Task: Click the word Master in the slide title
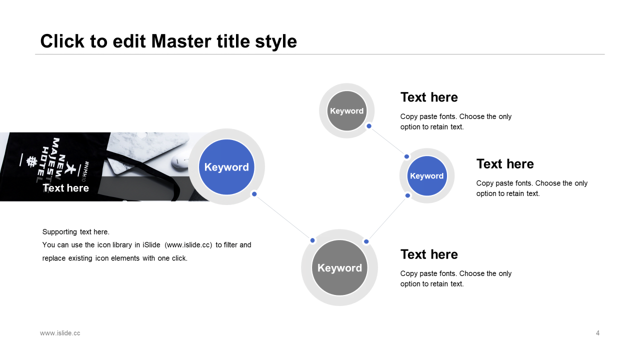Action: click(181, 41)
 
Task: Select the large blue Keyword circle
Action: click(226, 167)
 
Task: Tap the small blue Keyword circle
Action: click(427, 175)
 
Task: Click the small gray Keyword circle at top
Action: click(346, 111)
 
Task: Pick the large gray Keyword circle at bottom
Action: click(339, 267)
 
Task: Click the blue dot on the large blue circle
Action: click(254, 194)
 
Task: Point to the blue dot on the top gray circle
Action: click(369, 126)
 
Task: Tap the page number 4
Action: click(597, 333)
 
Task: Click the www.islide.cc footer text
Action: click(60, 333)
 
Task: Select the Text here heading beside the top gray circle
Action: click(429, 97)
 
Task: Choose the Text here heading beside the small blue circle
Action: click(505, 164)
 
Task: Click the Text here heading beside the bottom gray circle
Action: click(429, 254)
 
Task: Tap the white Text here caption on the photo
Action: click(65, 188)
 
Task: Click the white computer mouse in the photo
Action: click(179, 162)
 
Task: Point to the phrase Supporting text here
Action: click(75, 231)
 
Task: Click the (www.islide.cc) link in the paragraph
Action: click(188, 245)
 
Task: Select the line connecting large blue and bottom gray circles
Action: click(283, 217)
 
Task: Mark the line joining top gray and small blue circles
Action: click(387, 141)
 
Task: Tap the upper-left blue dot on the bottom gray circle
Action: click(312, 240)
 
